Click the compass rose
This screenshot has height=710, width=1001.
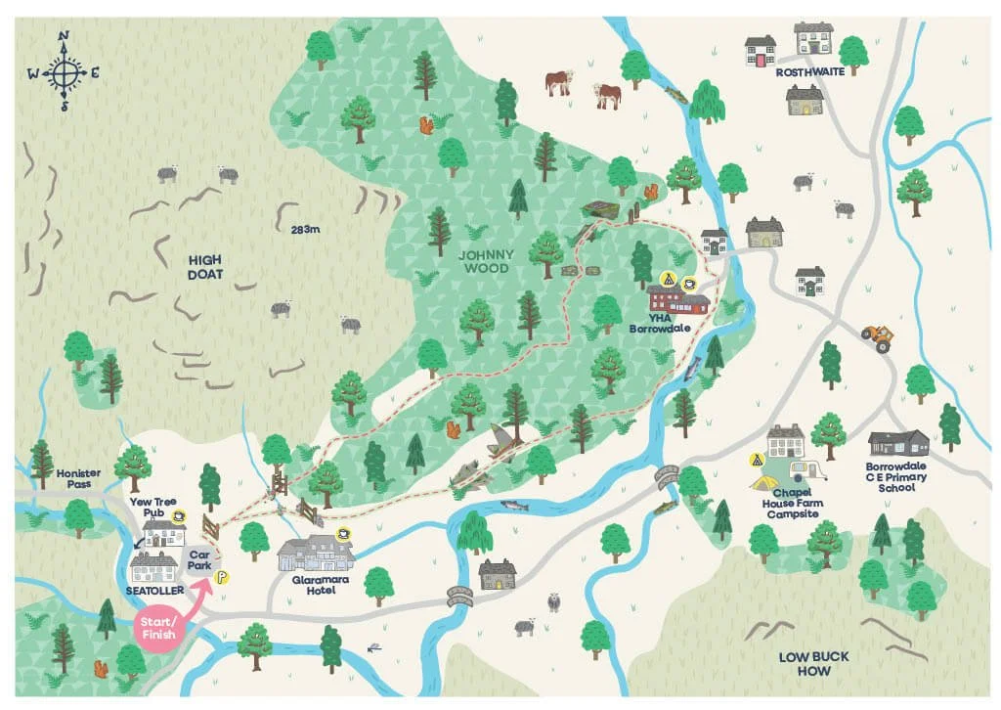(64, 71)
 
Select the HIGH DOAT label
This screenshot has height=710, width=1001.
(205, 268)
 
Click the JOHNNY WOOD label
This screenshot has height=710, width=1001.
(486, 262)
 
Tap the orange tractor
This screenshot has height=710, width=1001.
(877, 337)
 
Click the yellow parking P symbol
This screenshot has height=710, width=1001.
(221, 577)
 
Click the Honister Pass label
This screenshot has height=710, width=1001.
(79, 477)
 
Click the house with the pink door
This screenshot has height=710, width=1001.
(761, 52)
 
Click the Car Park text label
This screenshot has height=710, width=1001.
(200, 558)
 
